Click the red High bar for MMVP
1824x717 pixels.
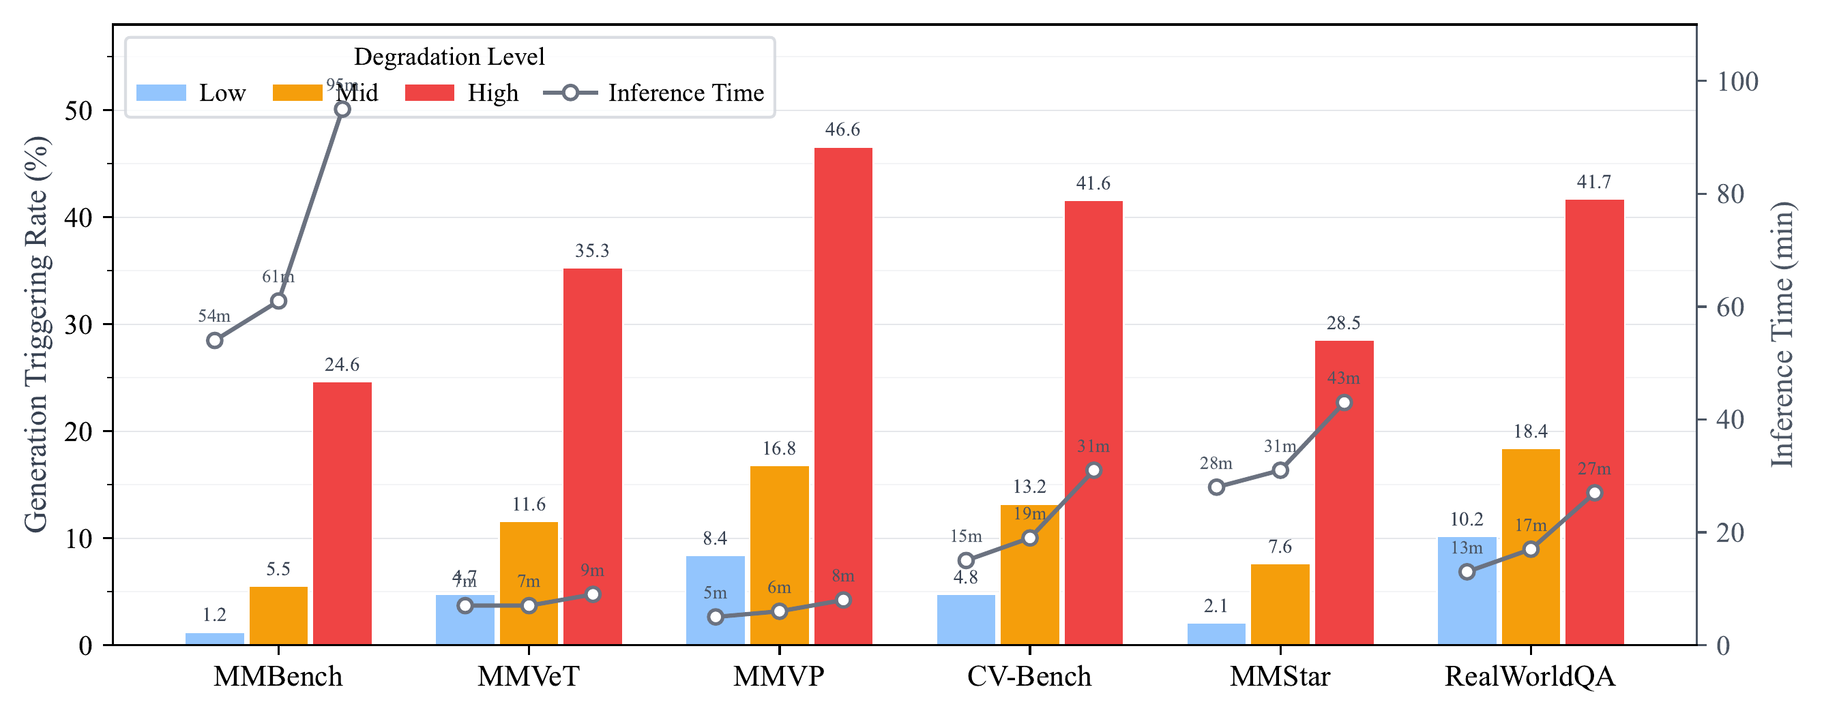click(x=842, y=397)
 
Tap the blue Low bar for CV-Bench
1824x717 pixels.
click(x=966, y=620)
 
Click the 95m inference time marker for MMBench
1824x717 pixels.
click(x=342, y=109)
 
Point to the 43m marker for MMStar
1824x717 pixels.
click(x=1344, y=403)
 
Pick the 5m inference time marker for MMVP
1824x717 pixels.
click(x=715, y=617)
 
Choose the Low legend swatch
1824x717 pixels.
click(x=162, y=93)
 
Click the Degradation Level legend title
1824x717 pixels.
click(x=449, y=57)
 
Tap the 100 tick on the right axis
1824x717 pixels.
click(x=1737, y=81)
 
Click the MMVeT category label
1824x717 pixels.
click(x=528, y=677)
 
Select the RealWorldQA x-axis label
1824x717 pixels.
click(x=1529, y=677)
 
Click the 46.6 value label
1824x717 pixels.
click(x=842, y=129)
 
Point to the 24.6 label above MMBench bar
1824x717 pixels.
click(x=342, y=365)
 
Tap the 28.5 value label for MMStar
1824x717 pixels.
click(x=1343, y=323)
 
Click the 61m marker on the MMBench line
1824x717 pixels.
click(x=278, y=301)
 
